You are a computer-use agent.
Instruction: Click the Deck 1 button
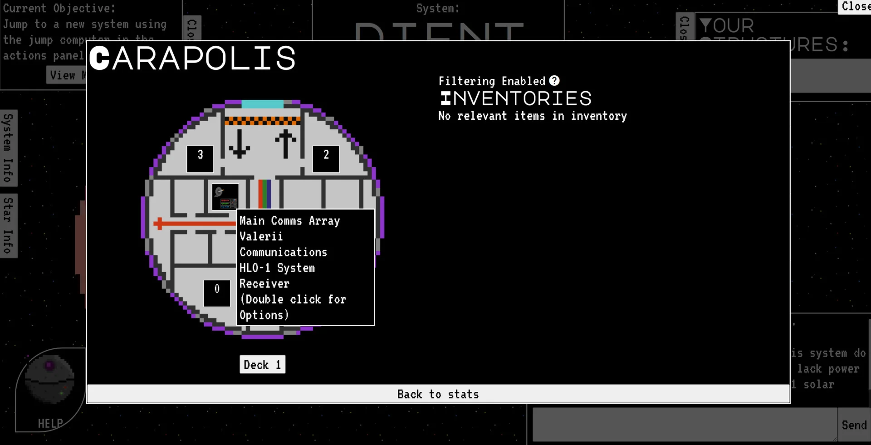[262, 365]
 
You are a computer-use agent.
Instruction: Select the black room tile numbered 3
[200, 159]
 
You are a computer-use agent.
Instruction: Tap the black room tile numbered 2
[326, 159]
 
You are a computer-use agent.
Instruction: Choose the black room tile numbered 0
[217, 293]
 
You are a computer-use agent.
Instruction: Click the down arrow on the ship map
[239, 144]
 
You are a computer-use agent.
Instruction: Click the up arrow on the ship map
[285, 144]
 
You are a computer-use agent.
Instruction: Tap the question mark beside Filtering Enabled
[554, 81]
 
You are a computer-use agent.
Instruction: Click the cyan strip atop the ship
[262, 104]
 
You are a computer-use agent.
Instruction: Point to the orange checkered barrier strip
[262, 121]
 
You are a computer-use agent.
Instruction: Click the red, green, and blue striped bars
[264, 194]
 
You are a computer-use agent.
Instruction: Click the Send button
[854, 425]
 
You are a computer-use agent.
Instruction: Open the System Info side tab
[8, 148]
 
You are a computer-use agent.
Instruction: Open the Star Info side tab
[8, 225]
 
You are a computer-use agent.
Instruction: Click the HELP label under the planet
[50, 424]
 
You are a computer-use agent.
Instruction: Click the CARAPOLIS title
[192, 59]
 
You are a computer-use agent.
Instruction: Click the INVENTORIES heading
[516, 98]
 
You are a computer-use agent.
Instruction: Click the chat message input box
[684, 425]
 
